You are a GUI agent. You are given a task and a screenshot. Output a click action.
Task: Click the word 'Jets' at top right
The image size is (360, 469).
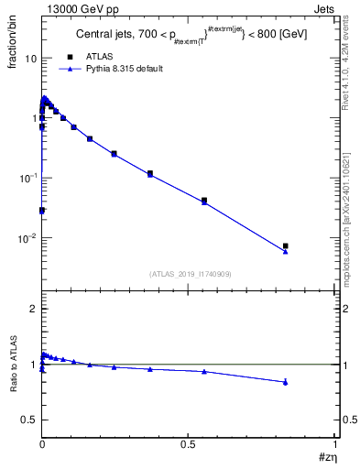tap(325, 7)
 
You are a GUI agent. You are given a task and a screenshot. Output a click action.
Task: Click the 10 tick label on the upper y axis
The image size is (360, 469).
tap(30, 59)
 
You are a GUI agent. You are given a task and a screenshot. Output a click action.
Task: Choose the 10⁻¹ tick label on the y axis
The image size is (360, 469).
tap(27, 178)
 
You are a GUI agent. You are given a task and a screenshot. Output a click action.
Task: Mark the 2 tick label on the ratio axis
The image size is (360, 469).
tap(34, 309)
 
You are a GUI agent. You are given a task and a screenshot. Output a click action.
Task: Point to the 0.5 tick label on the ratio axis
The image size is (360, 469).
tap(29, 420)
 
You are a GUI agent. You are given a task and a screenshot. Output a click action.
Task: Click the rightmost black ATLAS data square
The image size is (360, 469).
tap(286, 245)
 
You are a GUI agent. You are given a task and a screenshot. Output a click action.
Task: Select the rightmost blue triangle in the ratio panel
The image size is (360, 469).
tap(286, 382)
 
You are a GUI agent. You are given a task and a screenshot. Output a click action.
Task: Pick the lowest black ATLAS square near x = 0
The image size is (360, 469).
tap(41, 210)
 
